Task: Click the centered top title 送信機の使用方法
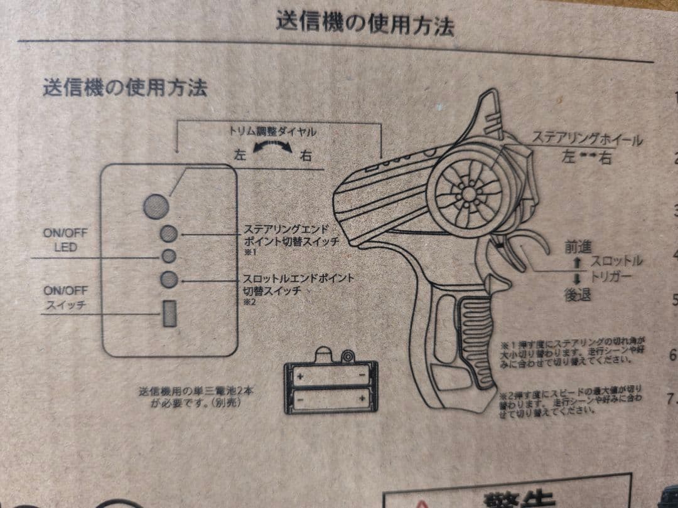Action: pos(365,23)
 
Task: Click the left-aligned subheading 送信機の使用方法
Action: pos(124,87)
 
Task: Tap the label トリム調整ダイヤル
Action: pos(272,132)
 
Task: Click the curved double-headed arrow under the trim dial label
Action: pos(272,149)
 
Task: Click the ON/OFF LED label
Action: pos(65,240)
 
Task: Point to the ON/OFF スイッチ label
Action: pos(65,299)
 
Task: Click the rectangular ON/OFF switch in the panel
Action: pos(169,313)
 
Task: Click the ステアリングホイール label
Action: pos(587,139)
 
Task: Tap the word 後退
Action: pos(578,294)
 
